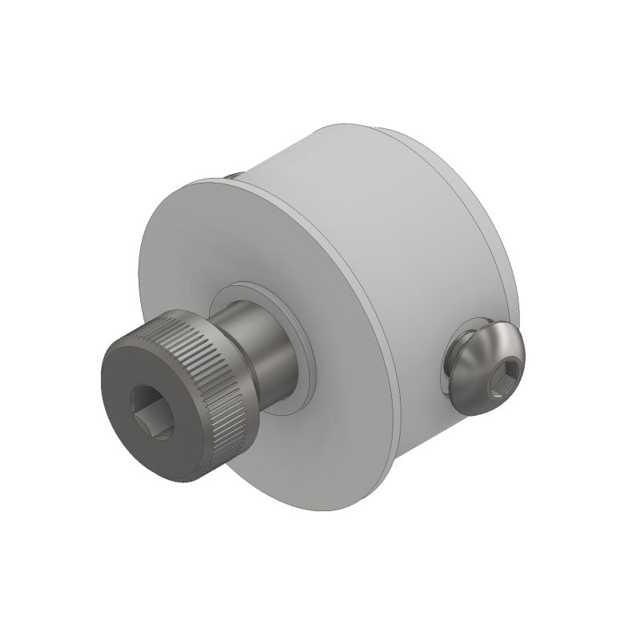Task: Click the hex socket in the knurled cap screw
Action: point(151,411)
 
